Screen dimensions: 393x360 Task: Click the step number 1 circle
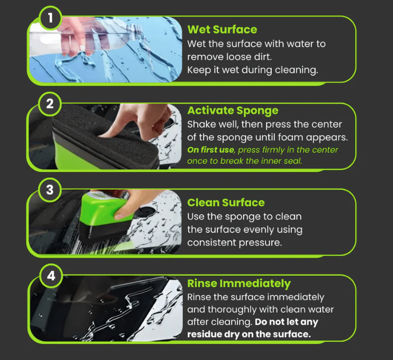tap(50, 18)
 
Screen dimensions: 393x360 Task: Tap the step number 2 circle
tap(50, 104)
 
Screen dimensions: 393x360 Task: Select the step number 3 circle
tap(50, 190)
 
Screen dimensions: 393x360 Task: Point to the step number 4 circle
tap(51, 275)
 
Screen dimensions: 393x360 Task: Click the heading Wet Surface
tap(222, 30)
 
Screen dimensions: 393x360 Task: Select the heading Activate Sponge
tap(233, 110)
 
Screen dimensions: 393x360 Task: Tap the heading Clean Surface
tap(226, 203)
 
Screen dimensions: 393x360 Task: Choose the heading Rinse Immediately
tap(239, 283)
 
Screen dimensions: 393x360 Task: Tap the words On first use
tap(211, 150)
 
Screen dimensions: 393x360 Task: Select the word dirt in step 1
tap(263, 57)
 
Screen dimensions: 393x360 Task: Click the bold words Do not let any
tap(286, 322)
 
